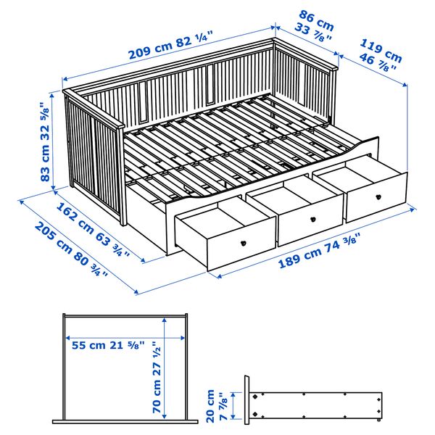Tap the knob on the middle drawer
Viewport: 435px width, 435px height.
point(312,218)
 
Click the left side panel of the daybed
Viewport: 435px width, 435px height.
point(94,159)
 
